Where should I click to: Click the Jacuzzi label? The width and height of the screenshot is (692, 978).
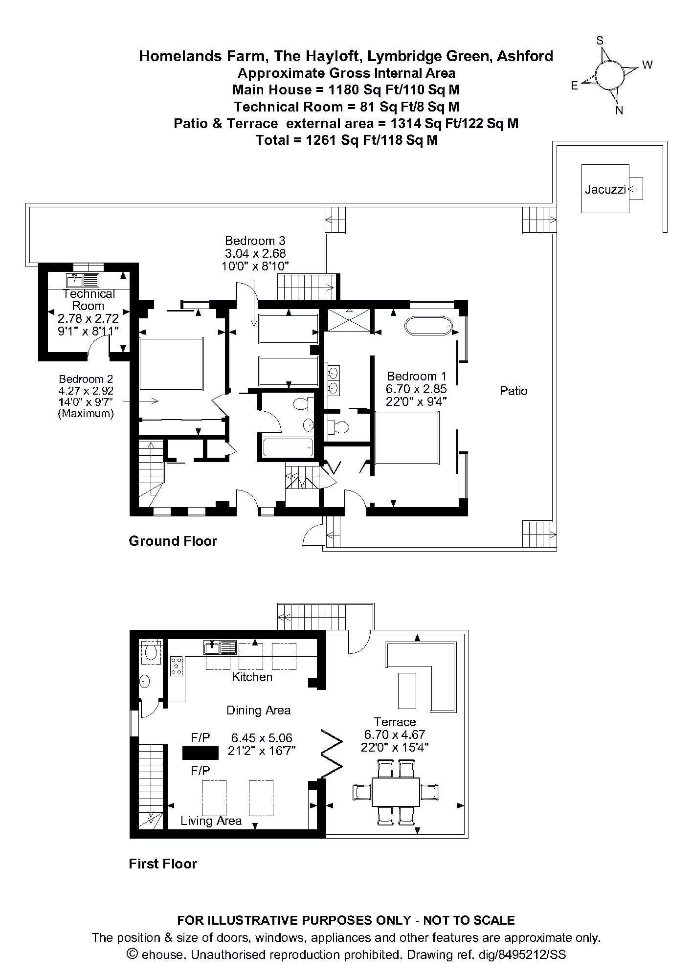(x=605, y=189)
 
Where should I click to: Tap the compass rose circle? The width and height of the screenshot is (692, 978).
(x=610, y=75)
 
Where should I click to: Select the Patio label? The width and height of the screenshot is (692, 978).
(x=513, y=391)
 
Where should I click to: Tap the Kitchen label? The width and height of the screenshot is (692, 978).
(x=252, y=677)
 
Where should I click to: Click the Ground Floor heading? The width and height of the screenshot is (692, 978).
(x=173, y=541)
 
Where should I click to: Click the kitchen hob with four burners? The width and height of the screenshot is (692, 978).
(x=177, y=666)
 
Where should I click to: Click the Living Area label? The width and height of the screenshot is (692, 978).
(x=211, y=821)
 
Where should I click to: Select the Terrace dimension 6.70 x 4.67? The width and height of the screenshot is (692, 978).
(x=395, y=734)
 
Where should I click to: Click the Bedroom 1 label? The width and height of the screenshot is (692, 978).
(x=417, y=376)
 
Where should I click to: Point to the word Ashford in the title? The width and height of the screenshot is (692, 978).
(x=525, y=56)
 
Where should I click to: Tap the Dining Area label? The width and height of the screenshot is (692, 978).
(x=258, y=710)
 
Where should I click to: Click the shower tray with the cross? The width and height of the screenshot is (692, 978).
(x=348, y=320)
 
